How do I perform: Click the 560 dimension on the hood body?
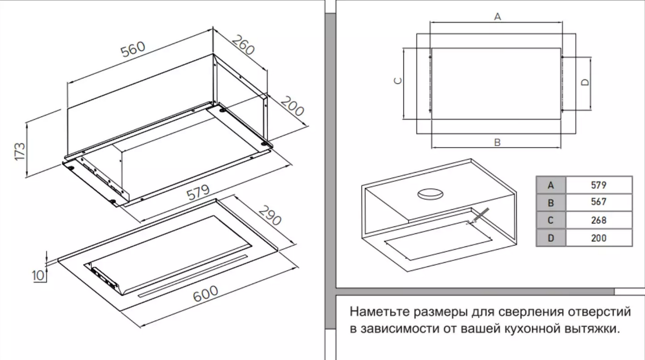(133, 48)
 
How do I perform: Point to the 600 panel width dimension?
(206, 293)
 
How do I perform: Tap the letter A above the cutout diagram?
(497, 17)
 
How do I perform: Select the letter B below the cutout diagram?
(497, 143)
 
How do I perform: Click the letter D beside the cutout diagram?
(586, 82)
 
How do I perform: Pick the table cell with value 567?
(598, 202)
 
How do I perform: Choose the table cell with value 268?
(598, 220)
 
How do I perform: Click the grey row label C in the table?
(551, 220)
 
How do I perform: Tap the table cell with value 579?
(598, 185)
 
